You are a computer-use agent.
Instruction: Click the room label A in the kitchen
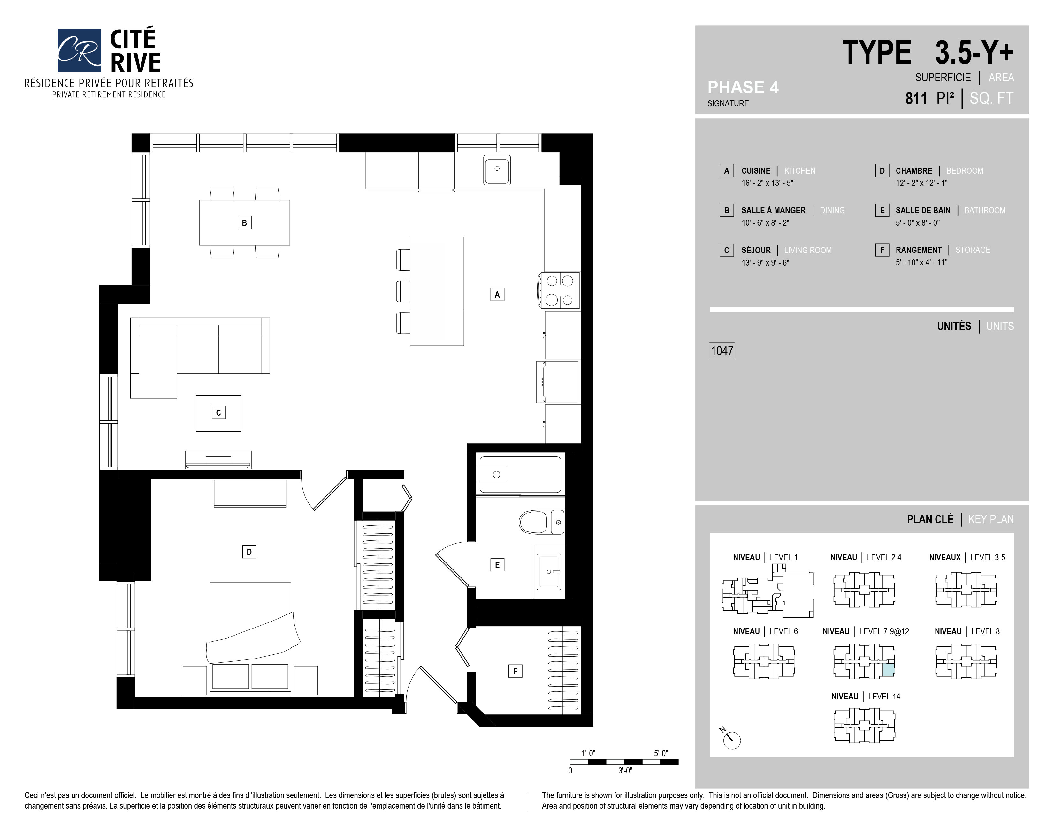tap(497, 294)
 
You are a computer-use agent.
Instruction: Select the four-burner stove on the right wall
tap(560, 291)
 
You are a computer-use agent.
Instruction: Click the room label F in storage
tap(515, 671)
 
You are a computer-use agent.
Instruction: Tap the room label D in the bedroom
tap(249, 552)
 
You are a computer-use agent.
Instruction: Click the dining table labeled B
tap(244, 223)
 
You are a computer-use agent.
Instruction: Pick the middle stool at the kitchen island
tap(403, 291)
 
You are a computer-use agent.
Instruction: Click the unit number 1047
tap(722, 350)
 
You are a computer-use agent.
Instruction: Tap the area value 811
tap(916, 98)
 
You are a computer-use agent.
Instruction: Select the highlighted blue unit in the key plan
tap(889, 670)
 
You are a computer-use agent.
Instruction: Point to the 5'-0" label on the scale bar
tap(661, 753)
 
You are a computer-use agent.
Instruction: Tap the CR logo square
tap(79, 50)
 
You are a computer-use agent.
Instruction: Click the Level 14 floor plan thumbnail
tap(864, 725)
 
